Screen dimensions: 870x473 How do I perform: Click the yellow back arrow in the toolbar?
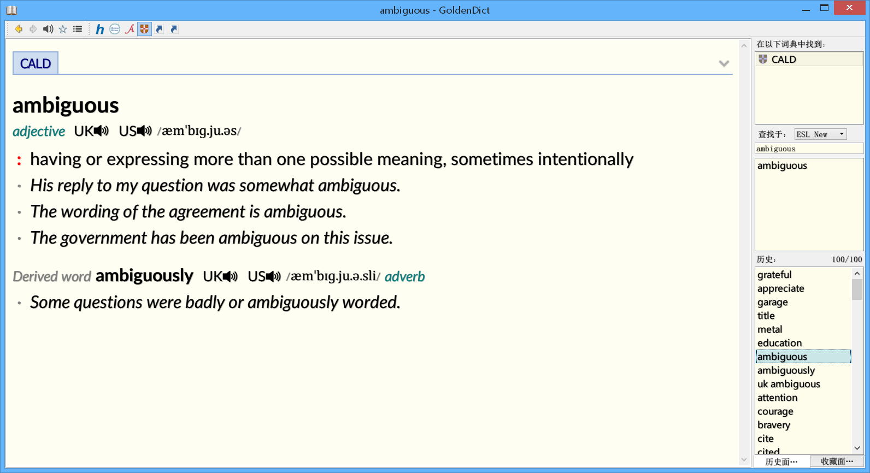click(18, 29)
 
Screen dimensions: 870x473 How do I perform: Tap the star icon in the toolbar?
click(63, 29)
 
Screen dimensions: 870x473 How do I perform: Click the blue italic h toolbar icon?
click(100, 29)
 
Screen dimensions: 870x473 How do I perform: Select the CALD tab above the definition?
click(36, 63)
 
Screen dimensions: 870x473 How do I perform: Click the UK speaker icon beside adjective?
click(102, 131)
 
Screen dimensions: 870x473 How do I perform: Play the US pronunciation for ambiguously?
click(273, 276)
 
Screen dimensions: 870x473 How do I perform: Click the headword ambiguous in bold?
click(66, 105)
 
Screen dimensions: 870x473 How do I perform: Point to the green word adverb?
click(405, 276)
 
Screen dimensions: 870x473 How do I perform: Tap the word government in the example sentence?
click(104, 238)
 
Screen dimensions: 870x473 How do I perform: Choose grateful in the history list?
click(774, 275)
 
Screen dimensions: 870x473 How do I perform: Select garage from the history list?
click(773, 302)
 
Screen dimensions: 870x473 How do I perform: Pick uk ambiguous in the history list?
click(789, 384)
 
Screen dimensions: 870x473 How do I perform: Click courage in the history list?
click(775, 411)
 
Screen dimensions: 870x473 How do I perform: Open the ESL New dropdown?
click(820, 134)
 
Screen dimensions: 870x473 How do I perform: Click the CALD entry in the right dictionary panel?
click(784, 60)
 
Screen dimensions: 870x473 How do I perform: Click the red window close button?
click(849, 8)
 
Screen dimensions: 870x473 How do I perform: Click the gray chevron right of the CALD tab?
click(724, 64)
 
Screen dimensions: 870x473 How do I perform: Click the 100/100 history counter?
click(847, 259)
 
